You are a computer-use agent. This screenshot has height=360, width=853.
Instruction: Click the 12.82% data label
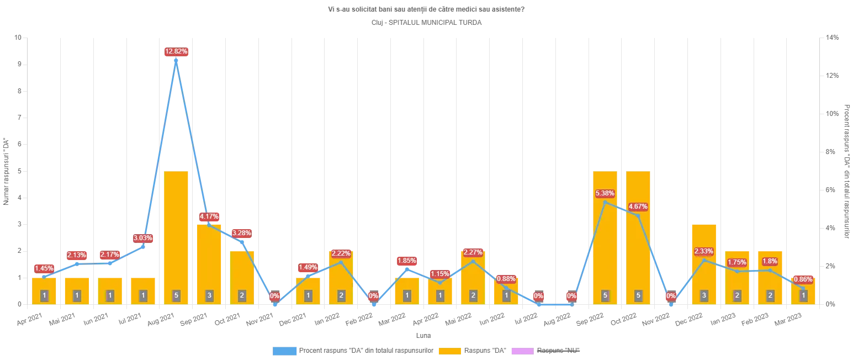tap(177, 51)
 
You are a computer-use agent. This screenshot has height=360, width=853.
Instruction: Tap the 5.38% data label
tap(605, 193)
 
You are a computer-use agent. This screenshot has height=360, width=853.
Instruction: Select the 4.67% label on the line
tap(637, 207)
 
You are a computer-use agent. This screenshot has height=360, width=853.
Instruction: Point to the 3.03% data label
tap(143, 238)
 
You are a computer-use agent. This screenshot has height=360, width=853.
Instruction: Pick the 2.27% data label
tap(473, 252)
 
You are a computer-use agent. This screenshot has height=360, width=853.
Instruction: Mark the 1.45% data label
tap(44, 268)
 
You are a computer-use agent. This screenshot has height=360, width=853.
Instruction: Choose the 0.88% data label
tap(506, 279)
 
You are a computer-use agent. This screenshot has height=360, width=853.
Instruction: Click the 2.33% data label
tap(704, 251)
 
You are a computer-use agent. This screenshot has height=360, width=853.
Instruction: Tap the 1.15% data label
tap(440, 274)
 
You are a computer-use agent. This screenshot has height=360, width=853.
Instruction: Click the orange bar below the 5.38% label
tap(605, 248)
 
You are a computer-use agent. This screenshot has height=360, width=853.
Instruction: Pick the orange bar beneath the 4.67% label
tap(638, 254)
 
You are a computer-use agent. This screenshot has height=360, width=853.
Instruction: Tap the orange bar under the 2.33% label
tap(704, 276)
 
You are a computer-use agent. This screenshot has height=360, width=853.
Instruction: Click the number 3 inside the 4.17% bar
tap(209, 295)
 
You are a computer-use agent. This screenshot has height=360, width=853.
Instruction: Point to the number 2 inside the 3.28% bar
tap(242, 295)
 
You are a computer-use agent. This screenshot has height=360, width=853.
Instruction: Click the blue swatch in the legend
tap(284, 350)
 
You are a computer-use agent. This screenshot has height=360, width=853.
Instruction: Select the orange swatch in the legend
tap(450, 350)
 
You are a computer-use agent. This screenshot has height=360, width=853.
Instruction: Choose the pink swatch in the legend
tap(521, 350)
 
